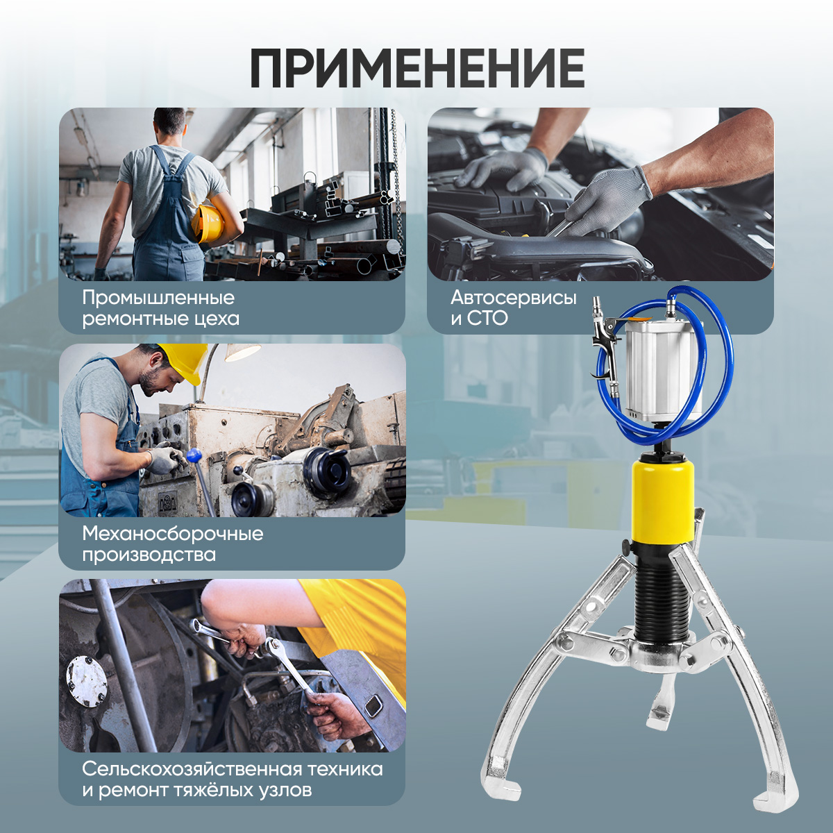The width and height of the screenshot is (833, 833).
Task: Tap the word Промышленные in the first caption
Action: pos(159,298)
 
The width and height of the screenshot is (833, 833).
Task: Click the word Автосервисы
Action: pos(514,298)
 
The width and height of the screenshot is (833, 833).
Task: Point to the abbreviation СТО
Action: pos(487,319)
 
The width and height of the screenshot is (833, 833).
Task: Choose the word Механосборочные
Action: pos(173,535)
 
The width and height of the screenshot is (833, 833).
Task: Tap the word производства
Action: pos(149,555)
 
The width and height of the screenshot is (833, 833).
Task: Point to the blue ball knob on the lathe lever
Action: pos(194,455)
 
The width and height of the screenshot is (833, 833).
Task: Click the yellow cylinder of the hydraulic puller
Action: pos(663,503)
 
